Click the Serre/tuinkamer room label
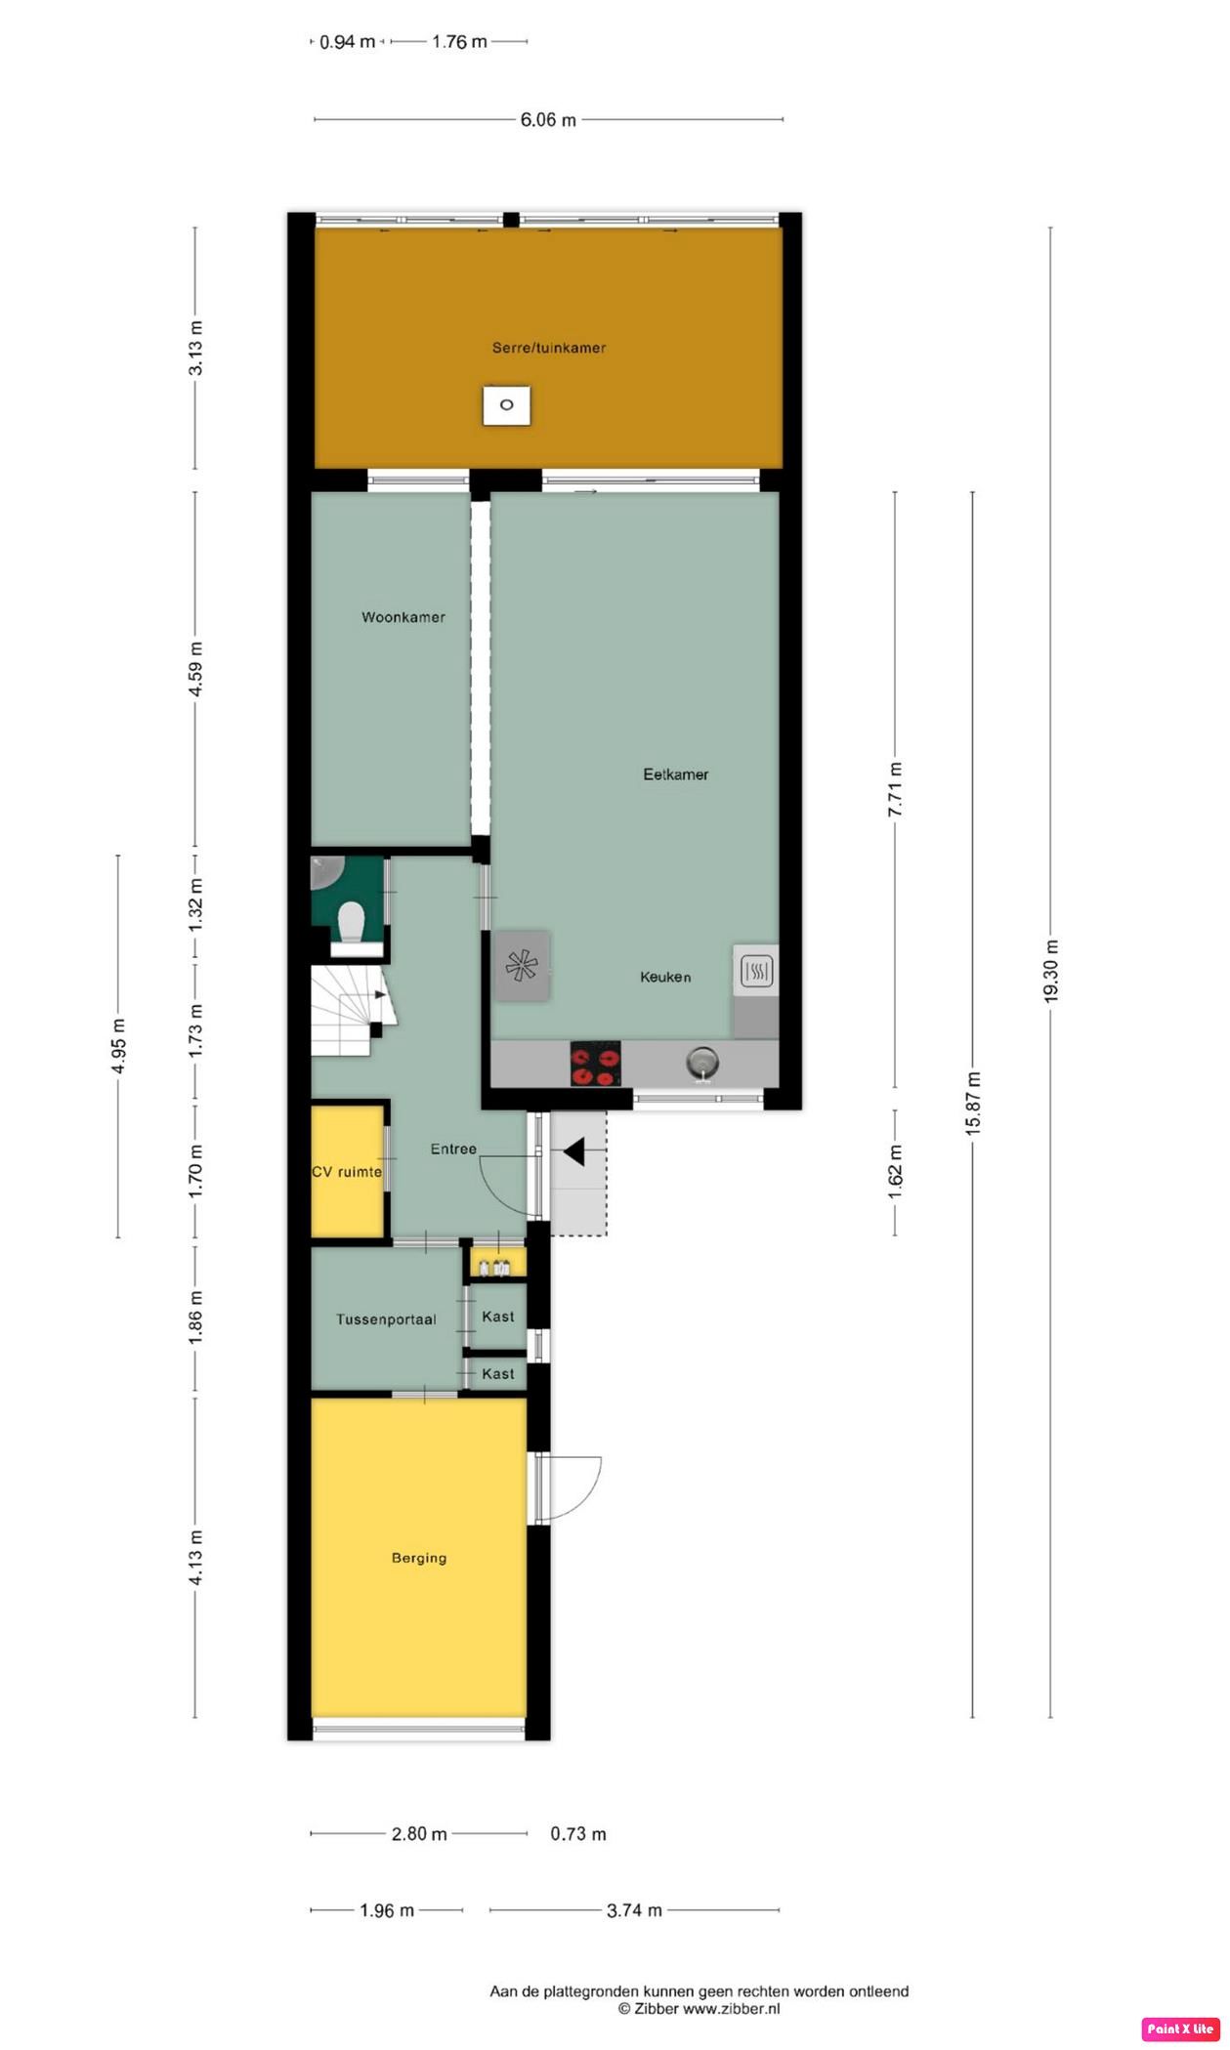pyautogui.click(x=548, y=348)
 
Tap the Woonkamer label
pyautogui.click(x=403, y=617)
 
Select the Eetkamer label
pyautogui.click(x=675, y=774)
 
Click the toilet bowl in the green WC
pyautogui.click(x=350, y=921)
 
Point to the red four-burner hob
pyautogui.click(x=595, y=1065)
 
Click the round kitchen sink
pyautogui.click(x=701, y=1061)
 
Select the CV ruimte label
pyautogui.click(x=346, y=1172)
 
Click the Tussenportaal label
pyautogui.click(x=386, y=1319)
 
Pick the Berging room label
pyautogui.click(x=419, y=1558)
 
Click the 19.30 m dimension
pyautogui.click(x=1051, y=971)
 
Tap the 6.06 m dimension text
pyautogui.click(x=547, y=120)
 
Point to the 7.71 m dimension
pyautogui.click(x=895, y=790)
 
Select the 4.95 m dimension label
pyautogui.click(x=118, y=1046)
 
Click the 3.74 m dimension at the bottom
pyautogui.click(x=634, y=1910)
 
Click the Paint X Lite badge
pyautogui.click(x=1179, y=2029)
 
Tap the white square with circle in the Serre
pyautogui.click(x=506, y=405)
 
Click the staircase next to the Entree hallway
pyautogui.click(x=349, y=1011)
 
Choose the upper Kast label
pyautogui.click(x=497, y=1317)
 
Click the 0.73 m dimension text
pyautogui.click(x=577, y=1834)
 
